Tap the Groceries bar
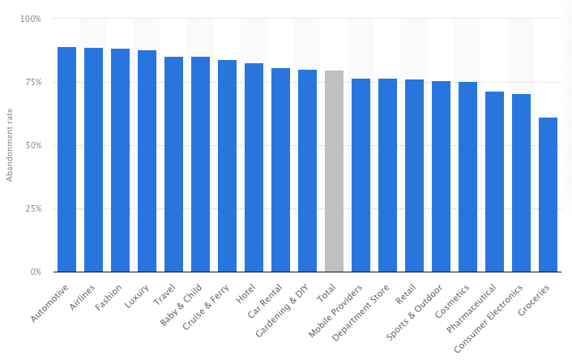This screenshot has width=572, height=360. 548,195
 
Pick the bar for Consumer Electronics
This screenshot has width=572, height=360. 521,182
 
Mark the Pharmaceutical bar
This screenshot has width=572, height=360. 494,182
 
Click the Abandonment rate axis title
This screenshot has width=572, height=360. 10,146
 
